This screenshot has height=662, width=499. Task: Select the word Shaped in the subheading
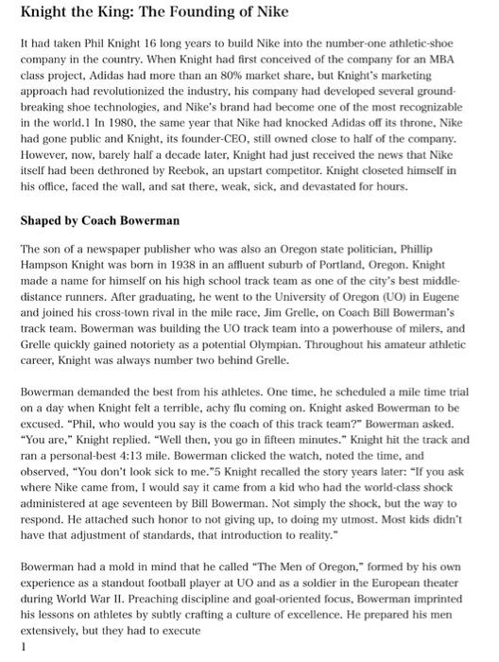click(x=43, y=220)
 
